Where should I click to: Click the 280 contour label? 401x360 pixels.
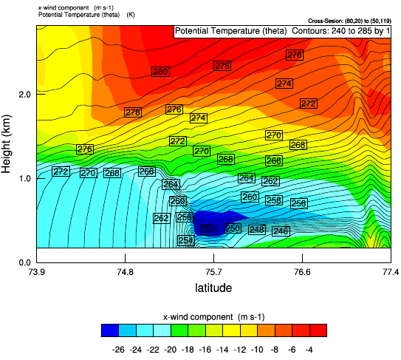pos(160,71)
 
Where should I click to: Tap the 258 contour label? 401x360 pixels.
pos(274,200)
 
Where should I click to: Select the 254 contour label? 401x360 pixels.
pos(185,240)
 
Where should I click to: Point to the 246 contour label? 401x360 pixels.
pos(281,231)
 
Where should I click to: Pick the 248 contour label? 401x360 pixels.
pos(256,230)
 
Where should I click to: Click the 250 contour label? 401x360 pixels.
pos(233,228)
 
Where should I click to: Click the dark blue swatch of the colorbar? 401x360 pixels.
pos(109,330)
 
